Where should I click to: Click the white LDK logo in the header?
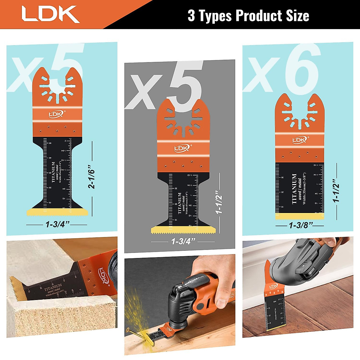50,14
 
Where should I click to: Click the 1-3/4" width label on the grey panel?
183,241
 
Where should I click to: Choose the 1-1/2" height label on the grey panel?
219,203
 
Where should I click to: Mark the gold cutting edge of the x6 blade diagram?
299,216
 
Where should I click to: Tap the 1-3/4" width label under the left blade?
57,224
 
